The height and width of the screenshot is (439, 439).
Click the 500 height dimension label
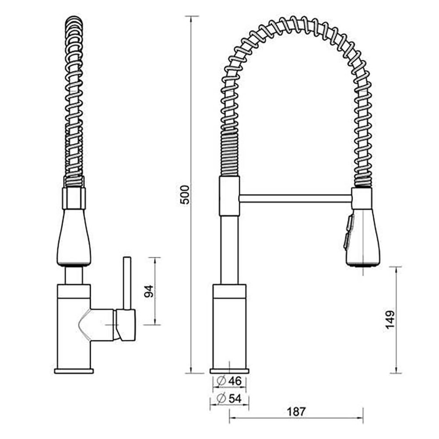[185, 194]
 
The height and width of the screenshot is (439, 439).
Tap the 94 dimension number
[149, 291]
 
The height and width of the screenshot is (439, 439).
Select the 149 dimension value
[390, 320]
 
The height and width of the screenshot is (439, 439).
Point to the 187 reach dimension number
[296, 412]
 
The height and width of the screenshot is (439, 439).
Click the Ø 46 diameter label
[229, 381]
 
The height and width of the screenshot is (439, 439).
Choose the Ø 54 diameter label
[229, 399]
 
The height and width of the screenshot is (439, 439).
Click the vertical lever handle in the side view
[127, 283]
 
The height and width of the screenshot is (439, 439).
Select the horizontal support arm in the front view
[295, 198]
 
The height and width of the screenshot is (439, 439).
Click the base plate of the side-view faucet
[74, 371]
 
